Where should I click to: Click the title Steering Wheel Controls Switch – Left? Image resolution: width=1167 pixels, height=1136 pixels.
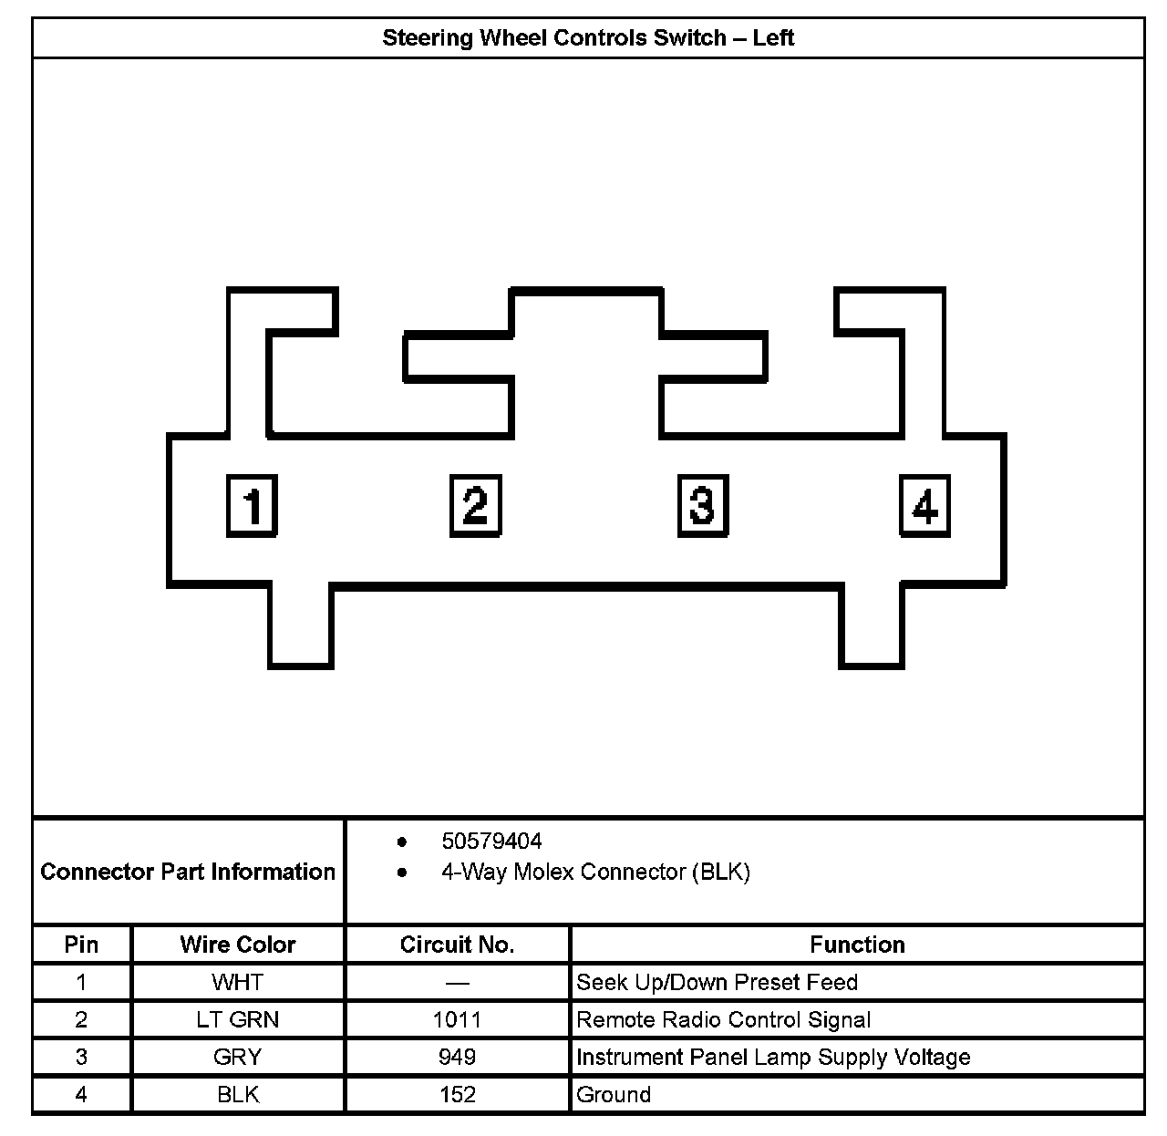tap(588, 38)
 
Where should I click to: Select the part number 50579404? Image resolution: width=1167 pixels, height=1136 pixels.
tap(491, 841)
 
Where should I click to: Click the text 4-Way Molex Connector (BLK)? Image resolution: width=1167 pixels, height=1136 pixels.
tap(595, 872)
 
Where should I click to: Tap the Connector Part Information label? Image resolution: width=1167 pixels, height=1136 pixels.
tap(188, 872)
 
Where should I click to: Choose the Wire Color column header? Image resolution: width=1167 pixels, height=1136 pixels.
tap(238, 945)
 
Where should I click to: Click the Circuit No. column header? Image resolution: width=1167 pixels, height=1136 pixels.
tap(457, 945)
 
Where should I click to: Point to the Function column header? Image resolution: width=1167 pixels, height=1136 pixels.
tap(857, 945)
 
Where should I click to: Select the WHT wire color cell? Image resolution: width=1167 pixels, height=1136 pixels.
tap(238, 982)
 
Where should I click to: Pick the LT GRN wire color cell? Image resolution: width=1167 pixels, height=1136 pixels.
tap(238, 1019)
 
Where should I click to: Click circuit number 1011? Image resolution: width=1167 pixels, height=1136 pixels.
tap(457, 1019)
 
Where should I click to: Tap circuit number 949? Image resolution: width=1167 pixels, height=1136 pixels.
tap(457, 1057)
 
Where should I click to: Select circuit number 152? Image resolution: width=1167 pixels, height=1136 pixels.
tap(457, 1094)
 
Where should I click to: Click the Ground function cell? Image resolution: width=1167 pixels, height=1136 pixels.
tap(614, 1094)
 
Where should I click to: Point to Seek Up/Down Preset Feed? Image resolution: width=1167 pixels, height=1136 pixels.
tap(717, 982)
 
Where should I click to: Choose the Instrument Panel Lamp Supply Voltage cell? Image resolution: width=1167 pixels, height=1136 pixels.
tap(773, 1057)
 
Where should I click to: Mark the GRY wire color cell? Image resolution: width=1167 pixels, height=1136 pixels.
tap(238, 1057)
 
